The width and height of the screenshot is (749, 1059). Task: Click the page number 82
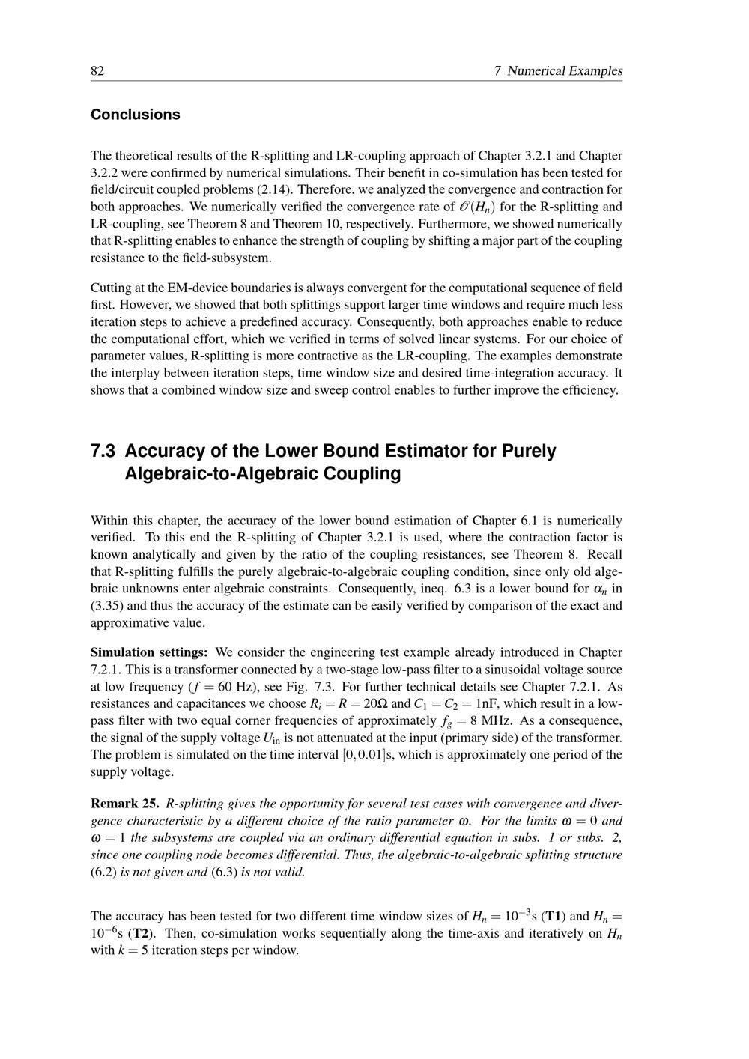click(x=97, y=71)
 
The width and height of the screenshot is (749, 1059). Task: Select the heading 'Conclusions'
click(x=136, y=115)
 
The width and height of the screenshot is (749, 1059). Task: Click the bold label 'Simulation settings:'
click(x=149, y=652)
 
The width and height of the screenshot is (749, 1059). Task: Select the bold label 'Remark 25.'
click(x=124, y=804)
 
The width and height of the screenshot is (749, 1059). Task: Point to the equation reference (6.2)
click(x=103, y=873)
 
